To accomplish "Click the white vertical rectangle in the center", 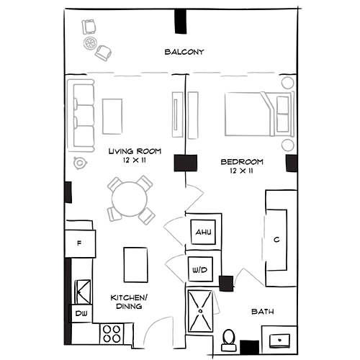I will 177,114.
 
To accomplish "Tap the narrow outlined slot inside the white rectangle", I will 176,115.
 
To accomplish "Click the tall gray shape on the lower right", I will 256,248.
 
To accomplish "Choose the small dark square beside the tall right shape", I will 226,283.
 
